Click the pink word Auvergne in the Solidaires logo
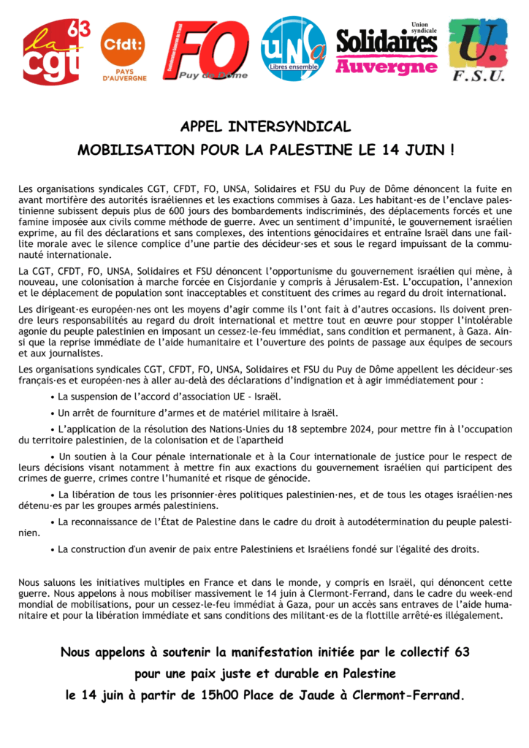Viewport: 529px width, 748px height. point(386,67)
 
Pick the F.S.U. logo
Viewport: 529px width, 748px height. point(477,50)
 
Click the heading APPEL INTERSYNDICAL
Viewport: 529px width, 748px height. point(265,126)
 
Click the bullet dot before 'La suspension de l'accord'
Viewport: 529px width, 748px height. point(53,397)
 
